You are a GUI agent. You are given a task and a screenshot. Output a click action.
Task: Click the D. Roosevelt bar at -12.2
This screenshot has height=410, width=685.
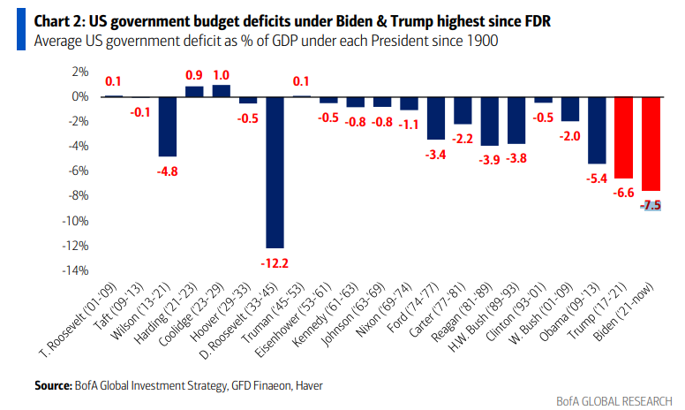(275, 172)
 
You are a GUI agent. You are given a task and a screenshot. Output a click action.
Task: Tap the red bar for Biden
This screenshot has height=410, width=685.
(651, 143)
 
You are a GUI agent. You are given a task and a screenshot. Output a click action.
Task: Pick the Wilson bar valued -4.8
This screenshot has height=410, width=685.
(168, 126)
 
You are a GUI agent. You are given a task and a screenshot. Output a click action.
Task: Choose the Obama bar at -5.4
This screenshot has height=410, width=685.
(598, 130)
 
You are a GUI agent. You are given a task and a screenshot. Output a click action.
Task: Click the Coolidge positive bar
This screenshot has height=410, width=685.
(222, 90)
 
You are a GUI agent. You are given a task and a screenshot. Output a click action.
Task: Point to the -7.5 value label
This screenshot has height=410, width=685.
(652, 205)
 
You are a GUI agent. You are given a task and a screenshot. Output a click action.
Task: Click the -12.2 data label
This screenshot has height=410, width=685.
(275, 262)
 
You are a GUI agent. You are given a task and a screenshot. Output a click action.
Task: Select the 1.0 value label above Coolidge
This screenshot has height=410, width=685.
(222, 75)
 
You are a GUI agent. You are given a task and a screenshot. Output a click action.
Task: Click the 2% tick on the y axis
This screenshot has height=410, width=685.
(79, 72)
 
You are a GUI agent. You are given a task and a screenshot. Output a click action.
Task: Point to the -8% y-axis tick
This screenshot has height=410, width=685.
(78, 195)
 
